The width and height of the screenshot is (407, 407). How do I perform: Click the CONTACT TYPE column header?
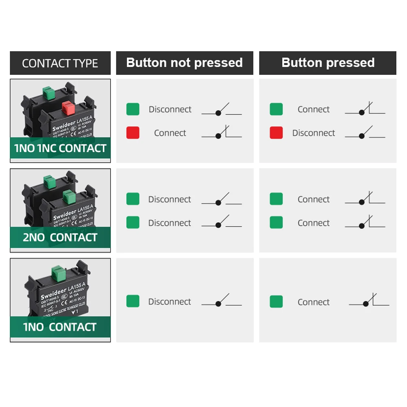(60, 63)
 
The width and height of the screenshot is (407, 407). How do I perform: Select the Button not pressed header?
(184, 63)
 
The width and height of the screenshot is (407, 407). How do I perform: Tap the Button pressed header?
(328, 63)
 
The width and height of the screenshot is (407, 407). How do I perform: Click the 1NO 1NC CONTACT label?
(60, 148)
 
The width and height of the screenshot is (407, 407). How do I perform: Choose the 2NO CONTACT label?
(60, 238)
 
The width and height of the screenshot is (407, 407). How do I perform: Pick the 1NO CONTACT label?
(60, 327)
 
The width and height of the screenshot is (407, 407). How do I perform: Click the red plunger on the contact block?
(67, 108)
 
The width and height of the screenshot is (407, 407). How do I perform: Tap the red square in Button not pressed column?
(133, 133)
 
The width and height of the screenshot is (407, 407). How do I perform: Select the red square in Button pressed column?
(276, 133)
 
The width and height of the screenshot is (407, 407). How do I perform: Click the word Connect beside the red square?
(170, 133)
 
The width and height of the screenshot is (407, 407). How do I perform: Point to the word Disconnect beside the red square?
(313, 133)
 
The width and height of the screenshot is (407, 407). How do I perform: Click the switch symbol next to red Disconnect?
(365, 133)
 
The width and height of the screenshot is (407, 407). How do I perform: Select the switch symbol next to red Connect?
(221, 133)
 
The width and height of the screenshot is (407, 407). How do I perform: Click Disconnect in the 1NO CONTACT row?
(170, 302)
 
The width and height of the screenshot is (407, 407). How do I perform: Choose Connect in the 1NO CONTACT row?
(313, 302)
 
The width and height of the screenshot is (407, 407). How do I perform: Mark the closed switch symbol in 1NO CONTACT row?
(369, 301)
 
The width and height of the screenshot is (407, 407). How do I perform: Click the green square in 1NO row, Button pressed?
(276, 302)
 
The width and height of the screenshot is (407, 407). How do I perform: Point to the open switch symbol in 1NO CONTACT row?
(221, 301)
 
